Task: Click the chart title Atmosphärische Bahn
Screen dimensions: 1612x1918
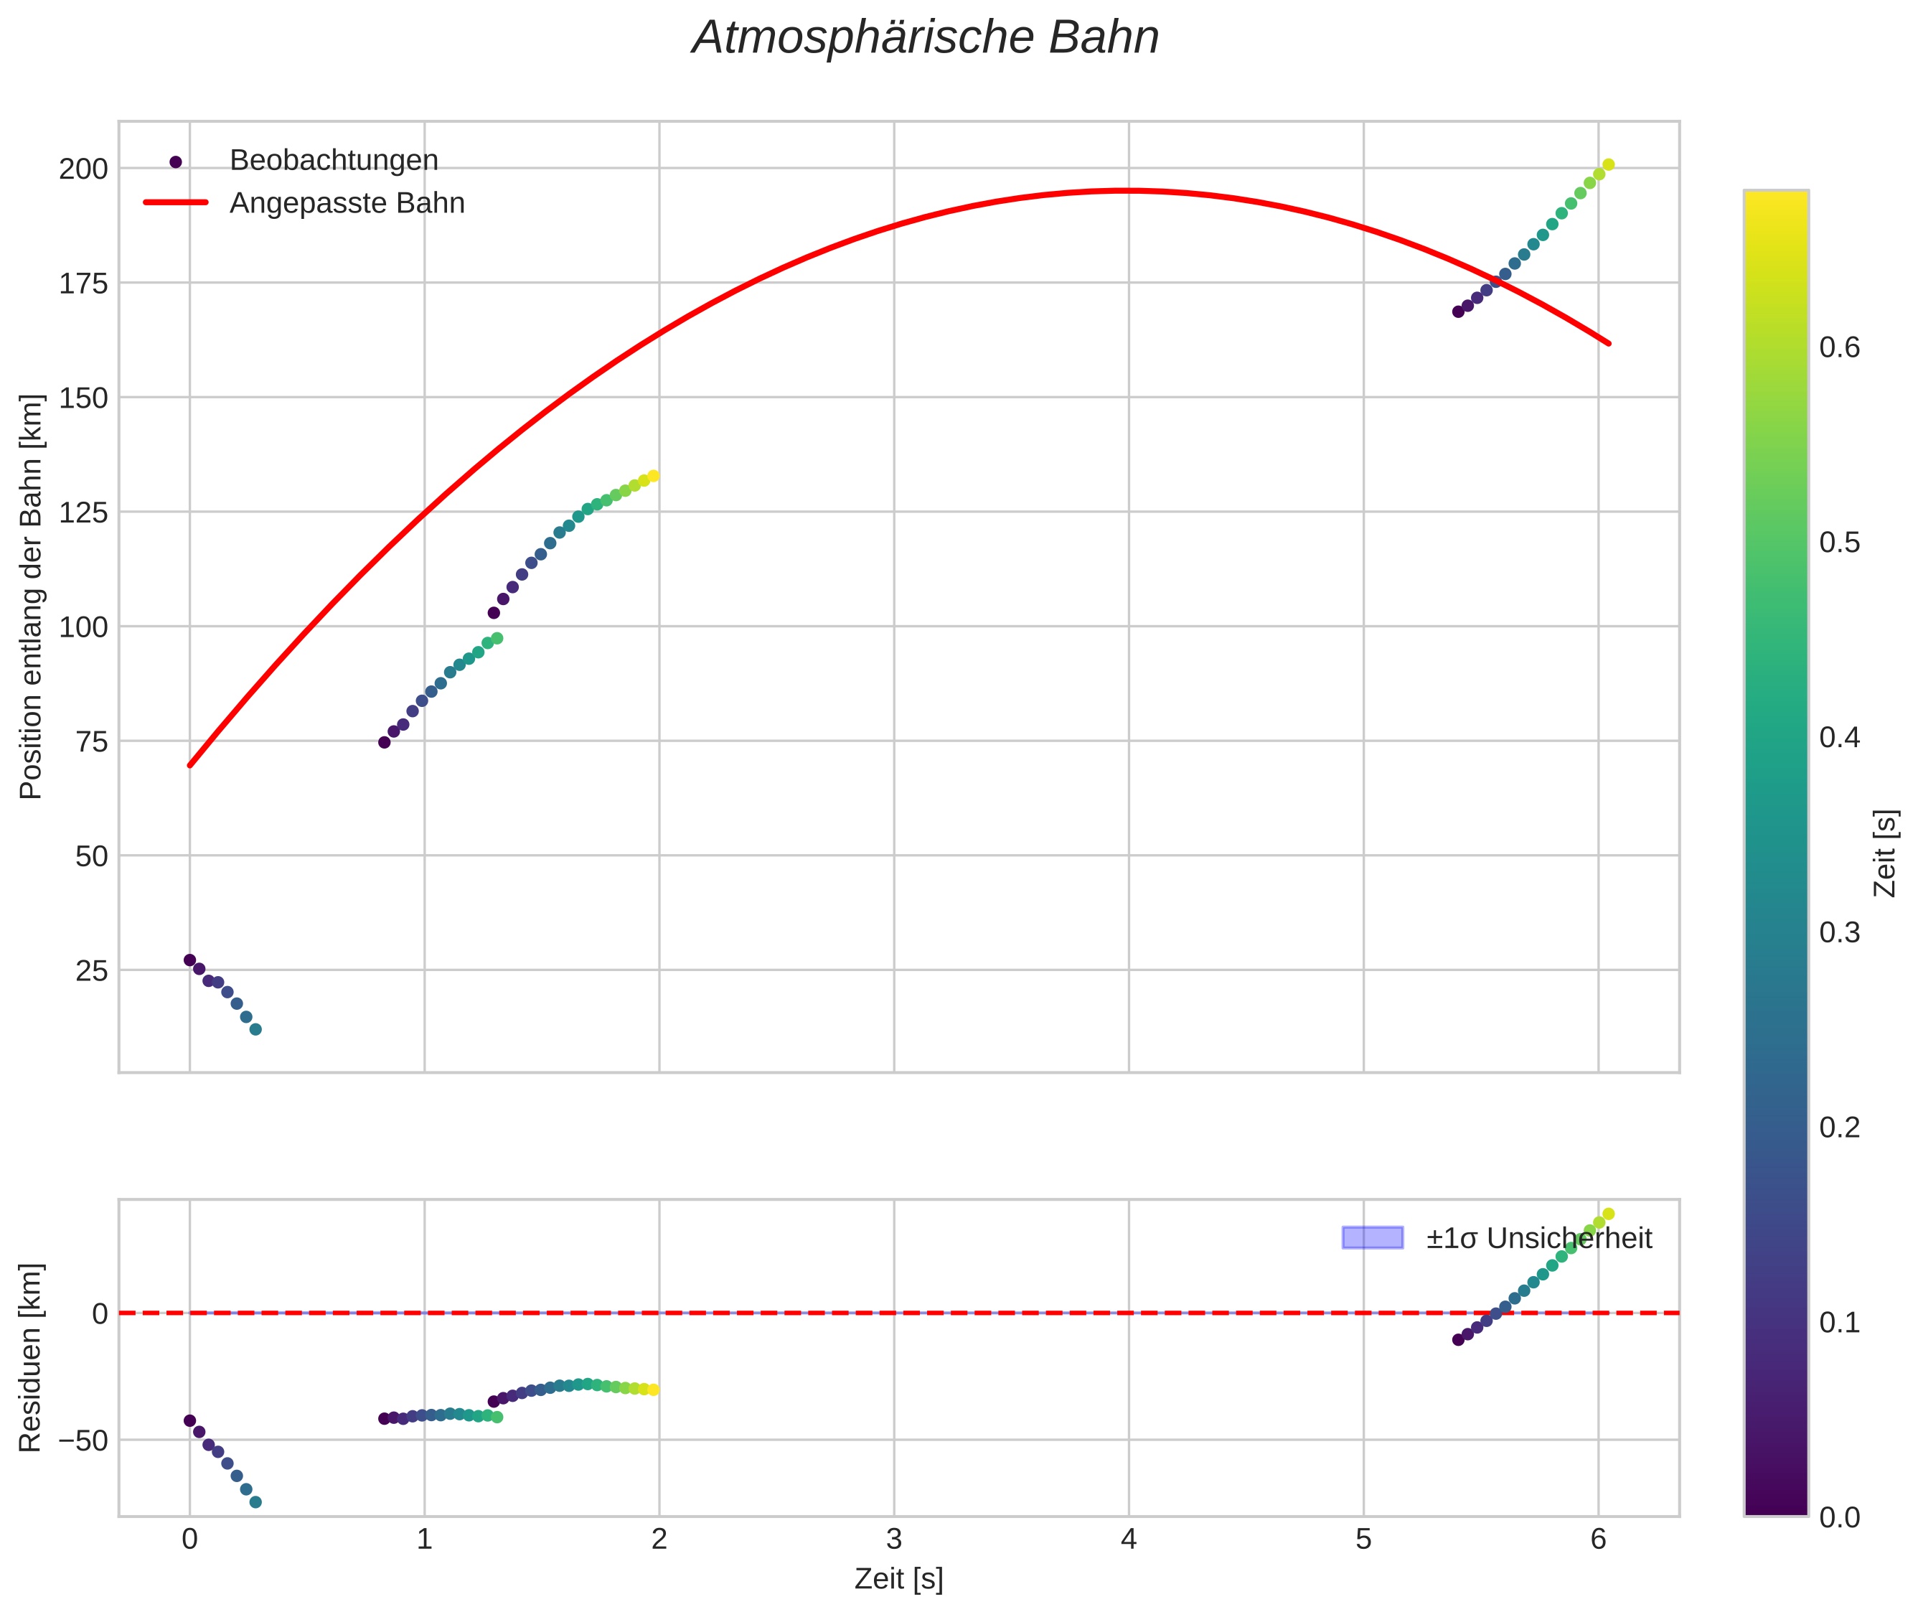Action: point(925,38)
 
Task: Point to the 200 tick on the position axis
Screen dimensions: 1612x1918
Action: point(83,169)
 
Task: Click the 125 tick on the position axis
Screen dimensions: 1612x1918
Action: point(83,512)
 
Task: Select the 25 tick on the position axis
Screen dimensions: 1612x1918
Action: point(91,970)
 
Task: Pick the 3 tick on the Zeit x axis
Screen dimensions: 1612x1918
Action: point(893,1540)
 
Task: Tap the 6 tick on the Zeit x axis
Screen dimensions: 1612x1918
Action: point(1597,1540)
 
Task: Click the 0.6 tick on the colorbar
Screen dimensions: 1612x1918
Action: point(1838,348)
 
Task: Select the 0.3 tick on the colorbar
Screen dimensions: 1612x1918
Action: point(1838,933)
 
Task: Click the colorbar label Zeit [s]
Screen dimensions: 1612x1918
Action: point(1885,853)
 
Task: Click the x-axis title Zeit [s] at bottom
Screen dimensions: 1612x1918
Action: point(898,1579)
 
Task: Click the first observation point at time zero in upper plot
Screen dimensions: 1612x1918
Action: point(189,960)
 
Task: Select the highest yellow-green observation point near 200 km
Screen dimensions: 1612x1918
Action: point(1608,164)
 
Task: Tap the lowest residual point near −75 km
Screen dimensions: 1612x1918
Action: point(256,1501)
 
